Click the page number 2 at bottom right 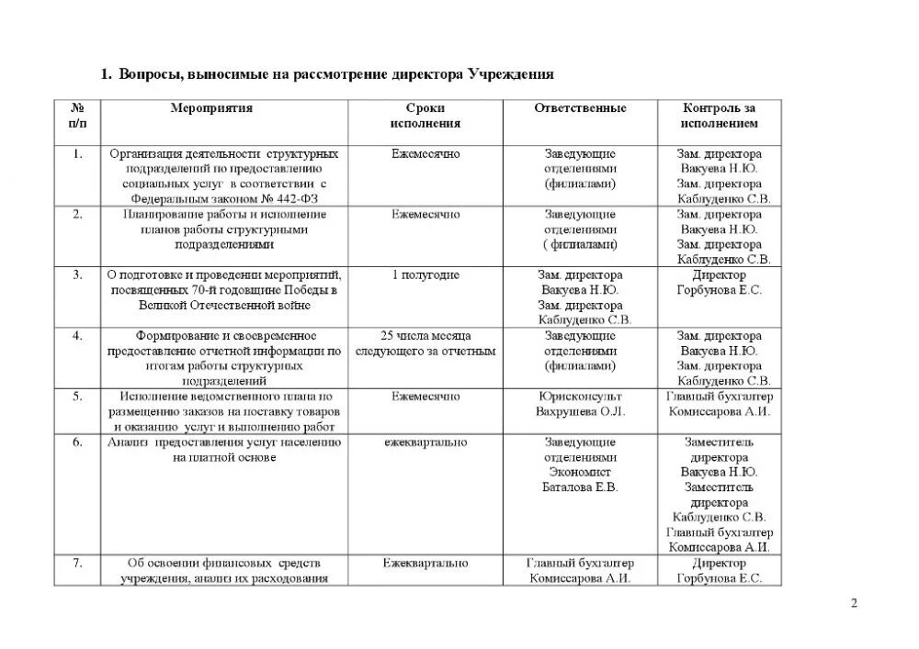coord(854,603)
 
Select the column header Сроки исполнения coord(425,116)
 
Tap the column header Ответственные coord(580,108)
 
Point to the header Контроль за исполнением coord(720,116)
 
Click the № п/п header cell coord(78,116)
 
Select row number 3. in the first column coord(78,275)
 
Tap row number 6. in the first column coord(78,442)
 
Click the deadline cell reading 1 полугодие coord(425,275)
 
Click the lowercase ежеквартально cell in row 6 coord(425,442)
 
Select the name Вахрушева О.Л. coord(580,411)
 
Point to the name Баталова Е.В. coord(580,487)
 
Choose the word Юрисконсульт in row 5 coord(580,397)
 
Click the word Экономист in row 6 coord(580,472)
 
